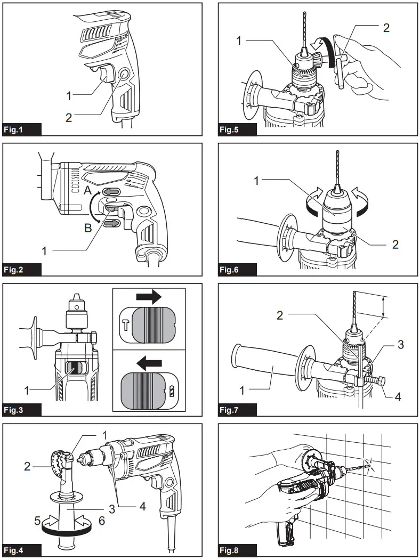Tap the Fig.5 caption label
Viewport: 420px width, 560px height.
point(229,129)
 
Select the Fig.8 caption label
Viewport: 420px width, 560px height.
point(229,549)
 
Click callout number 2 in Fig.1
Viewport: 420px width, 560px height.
point(69,118)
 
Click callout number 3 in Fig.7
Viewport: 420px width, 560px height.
point(399,345)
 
